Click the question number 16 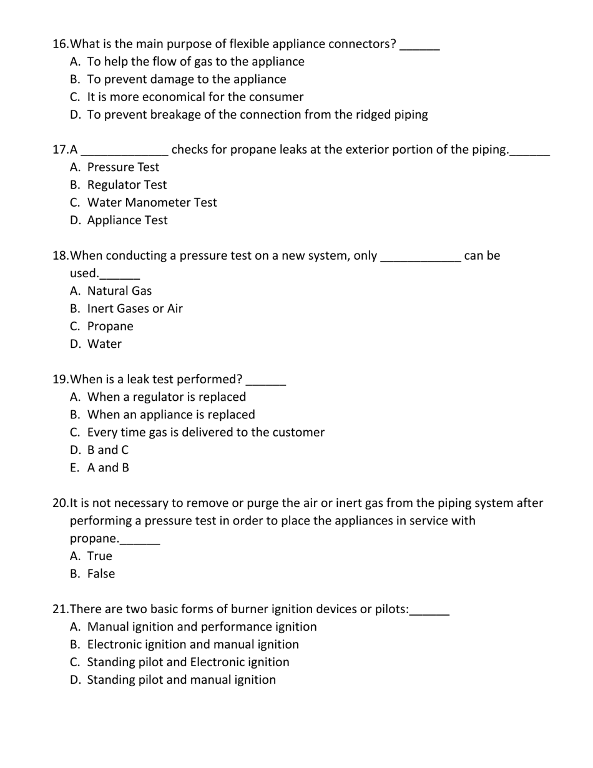[x=61, y=44]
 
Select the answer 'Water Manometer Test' [x=152, y=202]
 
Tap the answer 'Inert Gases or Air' [x=135, y=308]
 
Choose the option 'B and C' [x=108, y=450]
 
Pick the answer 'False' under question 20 [x=101, y=574]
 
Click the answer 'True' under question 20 [x=100, y=556]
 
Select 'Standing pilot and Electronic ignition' [x=188, y=662]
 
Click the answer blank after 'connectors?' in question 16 [x=419, y=46]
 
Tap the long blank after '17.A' [x=124, y=152]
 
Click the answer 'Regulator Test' [x=127, y=185]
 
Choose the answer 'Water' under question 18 [x=104, y=344]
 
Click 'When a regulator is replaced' [x=166, y=396]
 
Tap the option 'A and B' [x=108, y=468]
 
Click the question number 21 [x=60, y=609]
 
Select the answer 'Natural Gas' [x=119, y=291]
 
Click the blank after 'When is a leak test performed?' [x=266, y=382]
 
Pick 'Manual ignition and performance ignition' [x=202, y=626]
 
